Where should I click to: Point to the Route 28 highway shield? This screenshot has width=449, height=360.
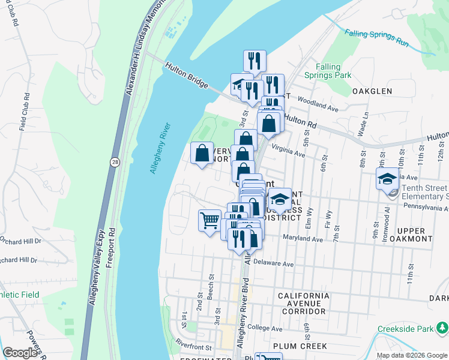tap(114, 161)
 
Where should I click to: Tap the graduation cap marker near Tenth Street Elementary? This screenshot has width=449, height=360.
tap(388, 178)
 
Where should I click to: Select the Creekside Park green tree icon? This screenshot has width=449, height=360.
tap(442, 328)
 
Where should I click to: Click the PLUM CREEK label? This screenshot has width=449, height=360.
tap(300, 346)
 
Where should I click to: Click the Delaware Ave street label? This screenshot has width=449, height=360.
tap(273, 263)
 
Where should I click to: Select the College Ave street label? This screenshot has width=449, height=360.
tap(264, 329)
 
